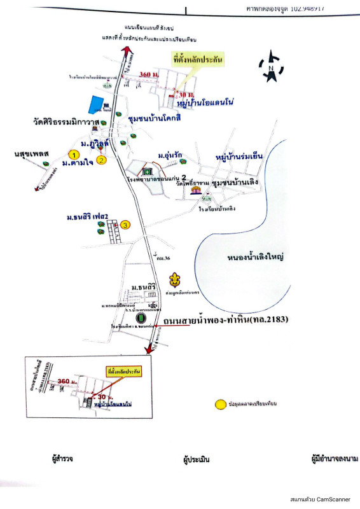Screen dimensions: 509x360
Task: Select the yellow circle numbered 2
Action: [x=101, y=160]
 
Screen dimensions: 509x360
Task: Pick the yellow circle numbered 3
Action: [x=125, y=225]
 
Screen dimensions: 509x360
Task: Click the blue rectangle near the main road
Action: [x=95, y=104]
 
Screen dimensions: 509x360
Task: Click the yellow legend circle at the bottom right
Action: [x=220, y=403]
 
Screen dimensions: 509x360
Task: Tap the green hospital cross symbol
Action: [x=148, y=171]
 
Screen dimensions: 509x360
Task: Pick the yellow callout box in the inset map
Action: [x=124, y=371]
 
